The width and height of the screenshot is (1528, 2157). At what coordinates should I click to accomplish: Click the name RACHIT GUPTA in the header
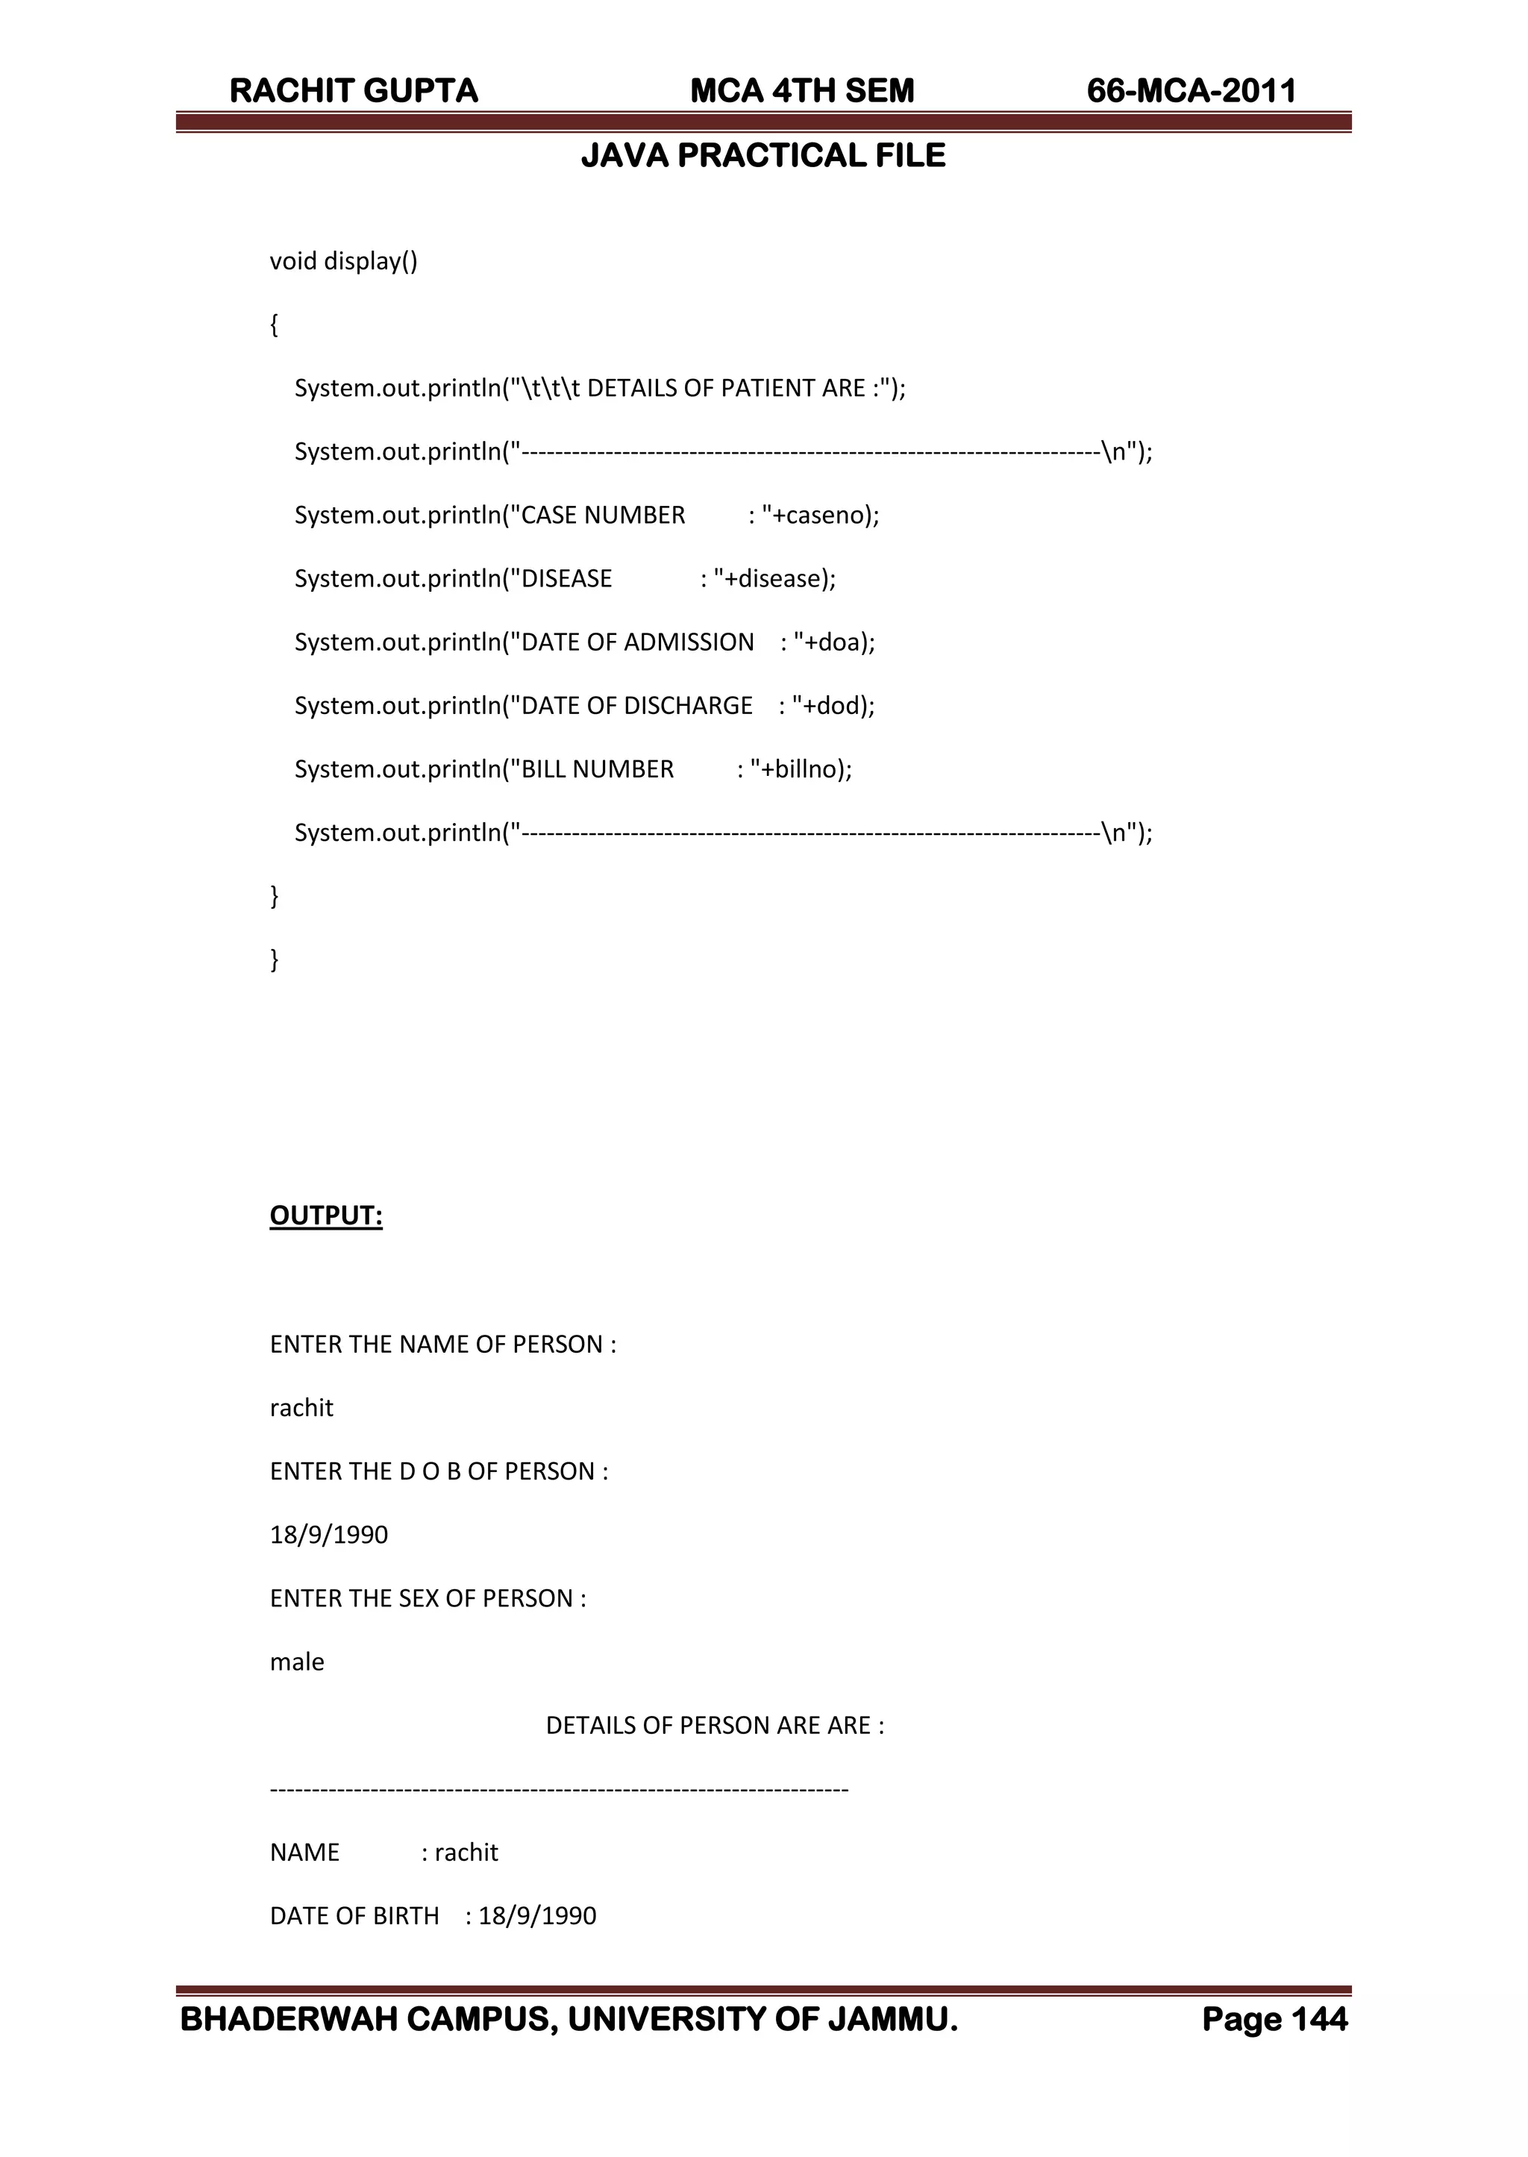click(x=354, y=90)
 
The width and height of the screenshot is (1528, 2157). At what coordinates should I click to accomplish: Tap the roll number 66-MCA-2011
click(x=1192, y=90)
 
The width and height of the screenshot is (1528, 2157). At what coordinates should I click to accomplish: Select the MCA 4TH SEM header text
click(x=801, y=90)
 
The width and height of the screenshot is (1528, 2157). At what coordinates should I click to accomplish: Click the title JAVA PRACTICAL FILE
click(x=763, y=155)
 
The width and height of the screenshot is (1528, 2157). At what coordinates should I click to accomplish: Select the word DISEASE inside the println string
click(x=566, y=578)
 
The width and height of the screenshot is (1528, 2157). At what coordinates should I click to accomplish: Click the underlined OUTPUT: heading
click(x=325, y=1215)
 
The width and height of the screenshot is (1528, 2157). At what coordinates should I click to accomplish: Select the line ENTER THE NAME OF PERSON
click(x=442, y=1344)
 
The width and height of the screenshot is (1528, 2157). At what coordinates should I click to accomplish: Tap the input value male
click(x=296, y=1662)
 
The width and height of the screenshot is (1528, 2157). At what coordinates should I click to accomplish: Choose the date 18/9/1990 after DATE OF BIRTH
click(x=537, y=1916)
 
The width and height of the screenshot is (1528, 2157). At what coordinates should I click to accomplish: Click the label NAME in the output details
click(x=304, y=1853)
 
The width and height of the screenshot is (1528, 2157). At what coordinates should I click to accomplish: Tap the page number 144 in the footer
click(x=1319, y=2020)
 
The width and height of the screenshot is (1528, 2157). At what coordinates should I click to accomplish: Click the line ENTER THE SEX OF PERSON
click(x=428, y=1598)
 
